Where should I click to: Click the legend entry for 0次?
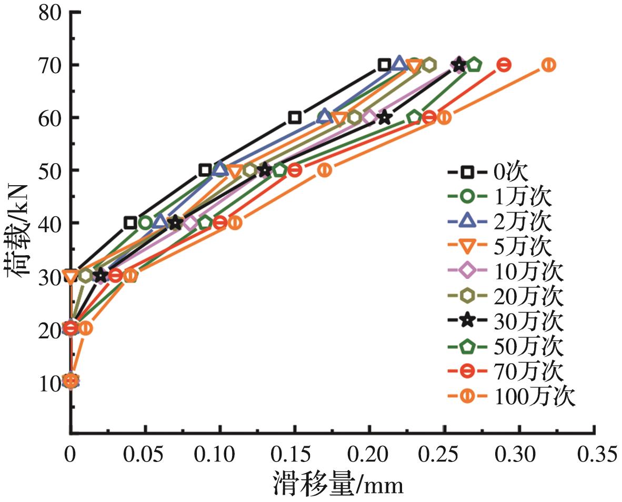pyautogui.click(x=495, y=172)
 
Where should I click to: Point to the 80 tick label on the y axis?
pyautogui.click(x=52, y=12)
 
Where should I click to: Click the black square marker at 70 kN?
pyautogui.click(x=384, y=65)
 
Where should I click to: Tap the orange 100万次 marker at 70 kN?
pyautogui.click(x=549, y=65)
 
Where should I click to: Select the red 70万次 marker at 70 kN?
pyautogui.click(x=504, y=65)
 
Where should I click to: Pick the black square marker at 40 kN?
pyautogui.click(x=131, y=223)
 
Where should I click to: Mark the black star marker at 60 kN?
pyautogui.click(x=385, y=117)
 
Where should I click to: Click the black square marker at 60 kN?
pyautogui.click(x=295, y=117)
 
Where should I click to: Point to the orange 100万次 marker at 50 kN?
pyautogui.click(x=325, y=170)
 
